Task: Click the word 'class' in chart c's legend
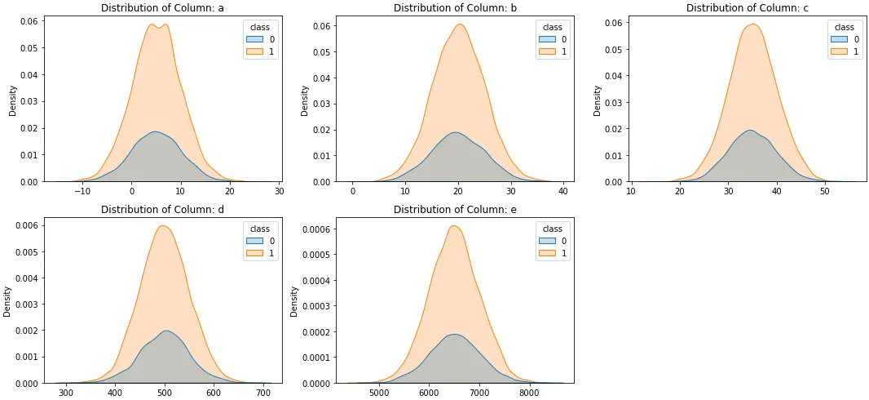844,27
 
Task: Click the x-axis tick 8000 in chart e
530,393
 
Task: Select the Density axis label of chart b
305,101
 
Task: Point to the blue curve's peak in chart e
453,334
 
